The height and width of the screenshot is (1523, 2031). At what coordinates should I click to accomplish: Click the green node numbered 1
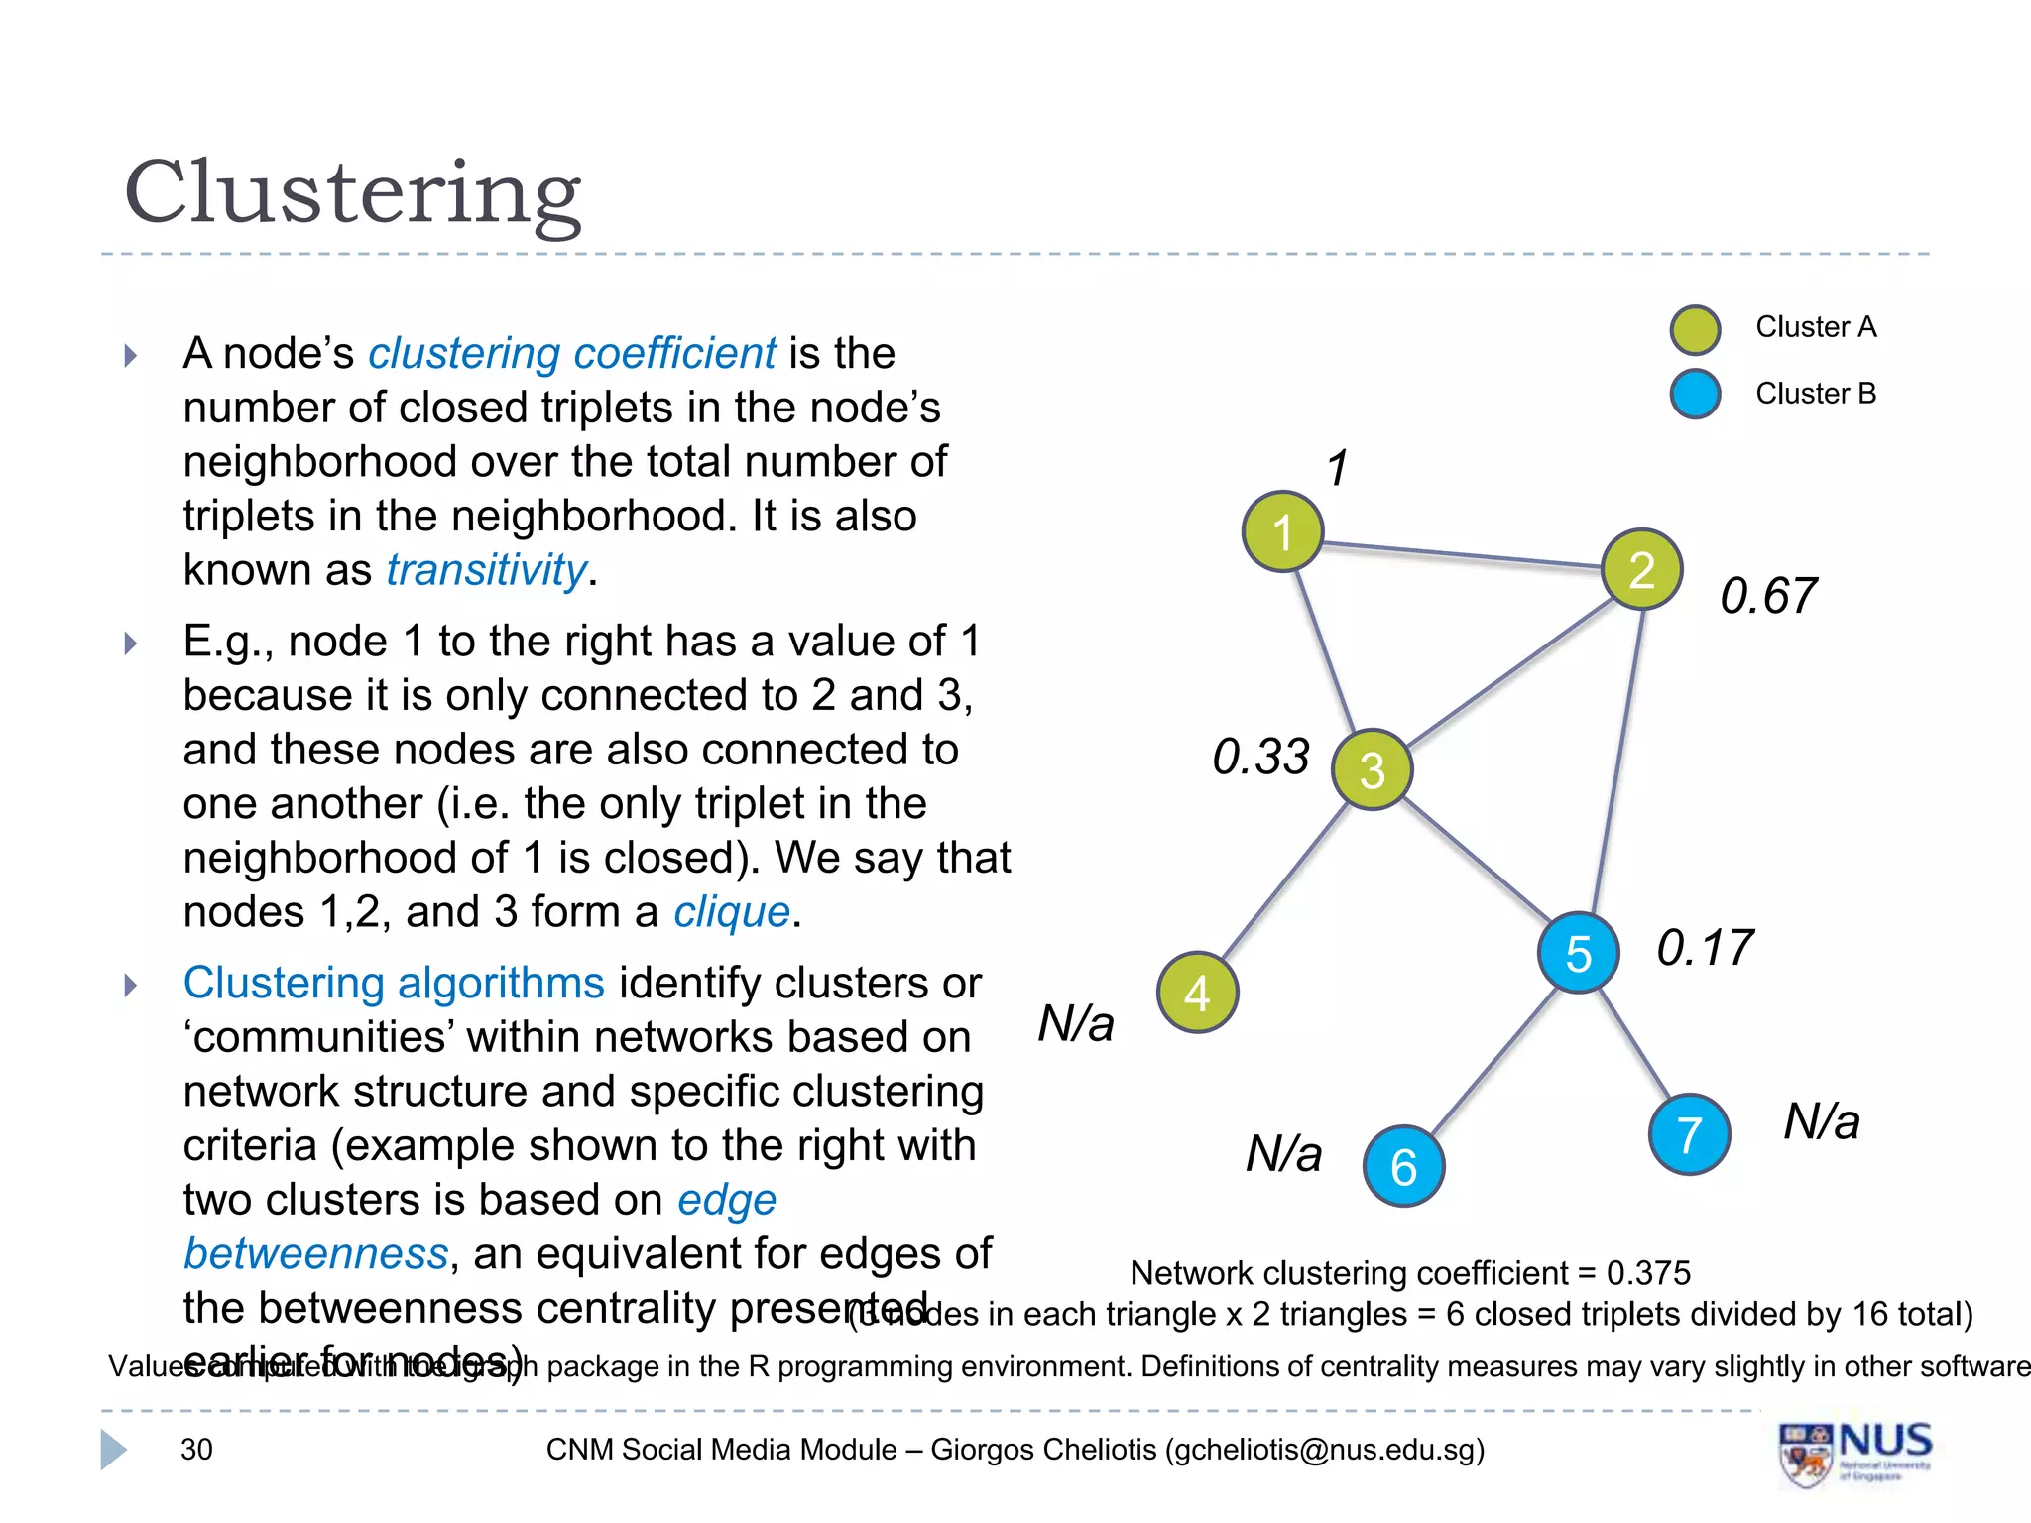[x=1282, y=531]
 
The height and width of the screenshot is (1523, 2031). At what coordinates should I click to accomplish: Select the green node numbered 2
[x=1641, y=569]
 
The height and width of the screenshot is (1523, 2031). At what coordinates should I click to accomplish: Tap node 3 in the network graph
[x=1372, y=769]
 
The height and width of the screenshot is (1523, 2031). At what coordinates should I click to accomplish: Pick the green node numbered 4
[x=1197, y=993]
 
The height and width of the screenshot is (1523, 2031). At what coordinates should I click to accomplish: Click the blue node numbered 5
[x=1578, y=953]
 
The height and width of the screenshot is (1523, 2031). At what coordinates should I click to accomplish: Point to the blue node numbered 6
[x=1403, y=1166]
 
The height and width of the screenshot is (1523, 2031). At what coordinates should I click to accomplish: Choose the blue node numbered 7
[x=1689, y=1134]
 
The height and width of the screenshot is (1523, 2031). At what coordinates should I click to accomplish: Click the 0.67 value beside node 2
[x=1768, y=596]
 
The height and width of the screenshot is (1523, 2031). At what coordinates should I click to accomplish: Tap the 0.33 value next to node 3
[x=1260, y=757]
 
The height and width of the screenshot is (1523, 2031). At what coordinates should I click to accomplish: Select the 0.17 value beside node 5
[x=1705, y=947]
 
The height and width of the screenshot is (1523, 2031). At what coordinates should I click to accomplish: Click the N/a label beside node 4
[x=1076, y=1022]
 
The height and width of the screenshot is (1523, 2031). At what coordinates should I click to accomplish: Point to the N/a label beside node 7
[x=1822, y=1121]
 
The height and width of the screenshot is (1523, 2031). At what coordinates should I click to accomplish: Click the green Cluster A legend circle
[x=1695, y=330]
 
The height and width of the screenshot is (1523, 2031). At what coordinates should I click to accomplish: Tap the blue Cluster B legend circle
[x=1695, y=394]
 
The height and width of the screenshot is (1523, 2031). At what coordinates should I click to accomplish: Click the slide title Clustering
[x=353, y=192]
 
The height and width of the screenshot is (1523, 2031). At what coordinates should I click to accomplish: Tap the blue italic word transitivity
[x=486, y=570]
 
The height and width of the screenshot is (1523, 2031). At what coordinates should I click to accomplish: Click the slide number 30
[x=196, y=1450]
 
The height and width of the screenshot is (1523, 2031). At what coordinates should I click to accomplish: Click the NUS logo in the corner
[x=1854, y=1454]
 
